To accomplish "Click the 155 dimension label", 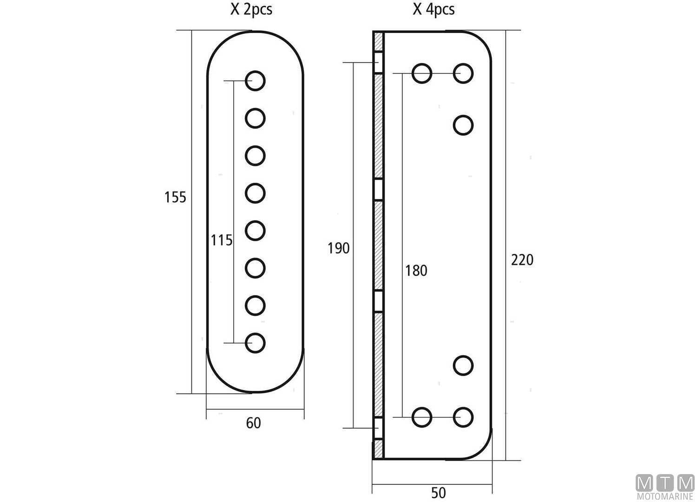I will click(175, 198).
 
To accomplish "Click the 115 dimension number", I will click(221, 240).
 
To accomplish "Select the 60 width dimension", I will click(253, 423).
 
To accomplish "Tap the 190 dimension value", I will click(338, 249).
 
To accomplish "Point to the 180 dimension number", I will click(416, 271).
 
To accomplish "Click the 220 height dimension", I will click(522, 260).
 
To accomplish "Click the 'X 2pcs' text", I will click(251, 9).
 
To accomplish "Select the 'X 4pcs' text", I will click(434, 9).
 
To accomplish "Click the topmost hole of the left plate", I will click(255, 81).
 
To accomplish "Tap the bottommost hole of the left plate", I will click(255, 343).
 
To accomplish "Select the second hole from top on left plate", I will click(255, 119).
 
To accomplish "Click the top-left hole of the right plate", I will click(422, 73).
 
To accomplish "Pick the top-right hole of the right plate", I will click(463, 73).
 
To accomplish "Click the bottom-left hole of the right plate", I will click(422, 417).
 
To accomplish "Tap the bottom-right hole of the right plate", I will click(463, 417).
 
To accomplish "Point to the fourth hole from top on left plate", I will click(255, 193).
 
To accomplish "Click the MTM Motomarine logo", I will click(664, 487).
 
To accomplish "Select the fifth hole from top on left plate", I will click(255, 231).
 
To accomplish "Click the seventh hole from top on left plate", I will click(255, 305).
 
